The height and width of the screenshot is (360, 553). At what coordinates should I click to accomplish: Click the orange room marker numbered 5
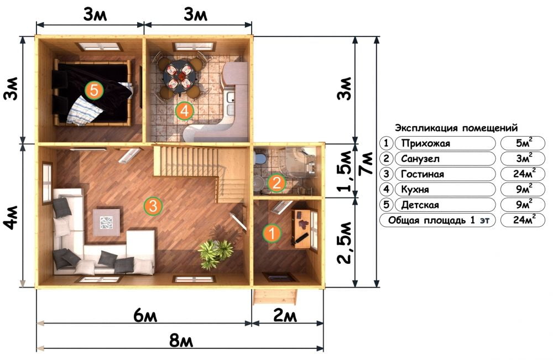pyautogui.click(x=94, y=90)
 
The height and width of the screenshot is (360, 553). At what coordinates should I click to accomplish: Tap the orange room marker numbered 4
pyautogui.click(x=185, y=111)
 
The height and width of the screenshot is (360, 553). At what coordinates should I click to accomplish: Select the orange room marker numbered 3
pyautogui.click(x=153, y=206)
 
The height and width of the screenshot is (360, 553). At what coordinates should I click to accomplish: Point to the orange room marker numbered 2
pyautogui.click(x=276, y=183)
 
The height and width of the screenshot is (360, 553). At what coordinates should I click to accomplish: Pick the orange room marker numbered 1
pyautogui.click(x=272, y=233)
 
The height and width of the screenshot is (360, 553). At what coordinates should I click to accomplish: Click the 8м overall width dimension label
pyautogui.click(x=181, y=341)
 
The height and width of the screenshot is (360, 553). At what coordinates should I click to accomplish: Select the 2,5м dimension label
pyautogui.click(x=345, y=243)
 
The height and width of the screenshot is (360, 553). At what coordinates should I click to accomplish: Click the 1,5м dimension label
pyautogui.click(x=345, y=171)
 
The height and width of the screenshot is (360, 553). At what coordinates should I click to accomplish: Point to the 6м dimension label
pyautogui.click(x=145, y=316)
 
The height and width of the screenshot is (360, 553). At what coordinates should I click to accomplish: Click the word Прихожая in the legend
pyautogui.click(x=426, y=144)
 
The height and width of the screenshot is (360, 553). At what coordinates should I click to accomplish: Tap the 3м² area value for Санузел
pyautogui.click(x=524, y=158)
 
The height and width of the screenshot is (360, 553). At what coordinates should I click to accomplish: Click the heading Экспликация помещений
pyautogui.click(x=456, y=128)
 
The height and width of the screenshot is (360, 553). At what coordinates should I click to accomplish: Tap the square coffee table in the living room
pyautogui.click(x=106, y=222)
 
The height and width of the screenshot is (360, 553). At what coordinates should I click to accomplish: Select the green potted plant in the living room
pyautogui.click(x=215, y=253)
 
